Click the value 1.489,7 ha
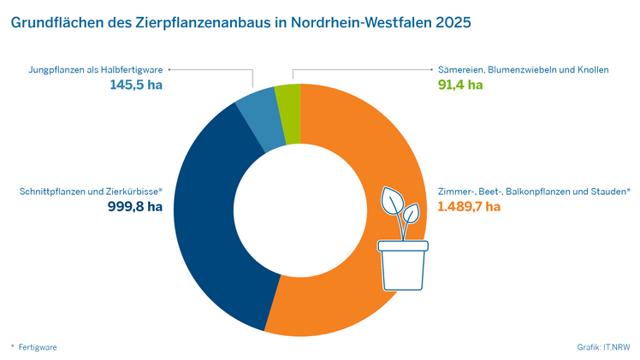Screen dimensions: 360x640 coord(468,206)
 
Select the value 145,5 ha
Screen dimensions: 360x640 coord(136,85)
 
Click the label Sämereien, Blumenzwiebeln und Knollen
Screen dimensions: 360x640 coord(518,69)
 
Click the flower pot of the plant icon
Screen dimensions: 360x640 coord(402,267)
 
